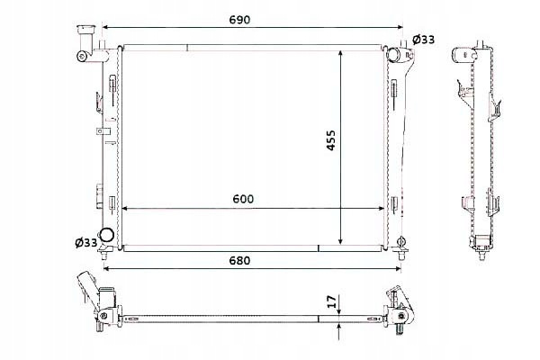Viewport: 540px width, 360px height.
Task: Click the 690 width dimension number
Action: (x=239, y=20)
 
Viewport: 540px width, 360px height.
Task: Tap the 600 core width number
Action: (x=243, y=199)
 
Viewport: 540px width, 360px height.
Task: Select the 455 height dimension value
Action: (x=330, y=139)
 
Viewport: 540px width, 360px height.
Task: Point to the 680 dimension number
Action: (x=239, y=260)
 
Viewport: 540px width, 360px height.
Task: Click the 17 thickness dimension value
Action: (x=330, y=301)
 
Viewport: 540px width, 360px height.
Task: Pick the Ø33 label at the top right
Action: (x=423, y=40)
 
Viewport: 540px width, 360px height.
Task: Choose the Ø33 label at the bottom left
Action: (x=86, y=243)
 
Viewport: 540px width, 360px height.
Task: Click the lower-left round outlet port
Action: (x=106, y=235)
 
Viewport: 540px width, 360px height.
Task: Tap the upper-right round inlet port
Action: (x=392, y=54)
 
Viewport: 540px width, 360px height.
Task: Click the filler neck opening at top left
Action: (x=85, y=30)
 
